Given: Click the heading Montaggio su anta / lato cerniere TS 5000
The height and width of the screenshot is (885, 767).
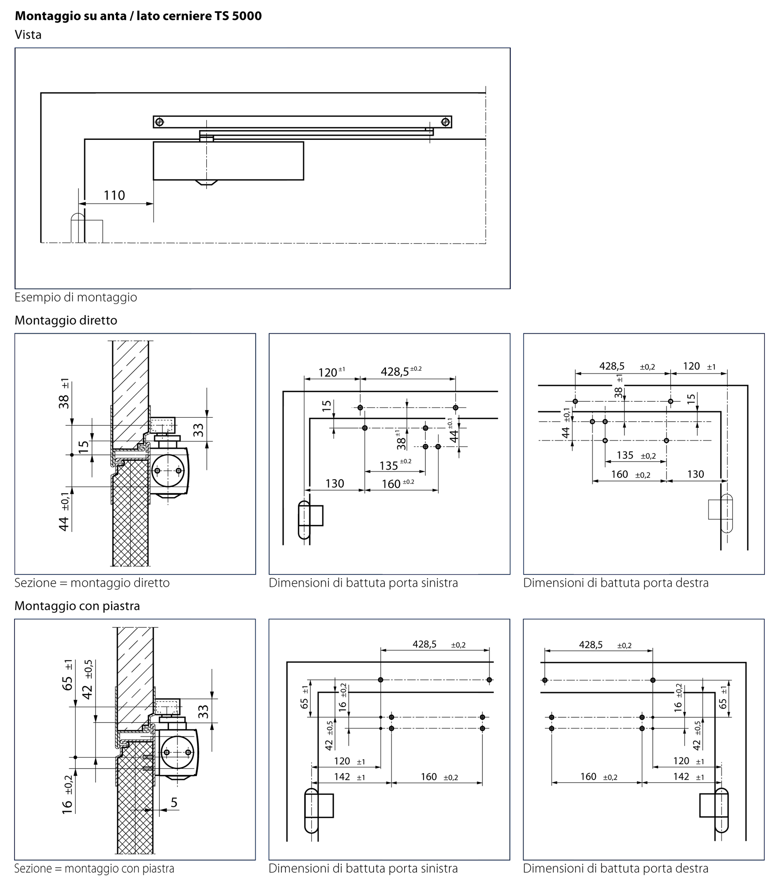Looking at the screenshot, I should point(138,16).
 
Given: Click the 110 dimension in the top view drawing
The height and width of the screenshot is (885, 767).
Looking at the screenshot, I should point(114,195).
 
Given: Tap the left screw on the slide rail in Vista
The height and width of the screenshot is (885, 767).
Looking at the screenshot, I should point(160,122).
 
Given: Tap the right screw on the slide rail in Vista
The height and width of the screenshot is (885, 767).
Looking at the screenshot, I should point(445,122).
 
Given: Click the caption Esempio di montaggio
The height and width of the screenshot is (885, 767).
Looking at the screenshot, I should point(76,297).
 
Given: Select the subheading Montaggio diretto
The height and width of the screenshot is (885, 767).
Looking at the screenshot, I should point(66,320).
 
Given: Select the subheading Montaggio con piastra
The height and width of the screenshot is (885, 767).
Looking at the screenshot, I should point(77,606).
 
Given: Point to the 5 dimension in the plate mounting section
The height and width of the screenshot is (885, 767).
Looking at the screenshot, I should point(174,803).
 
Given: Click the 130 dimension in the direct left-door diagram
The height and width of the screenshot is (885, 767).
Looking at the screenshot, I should point(334,484).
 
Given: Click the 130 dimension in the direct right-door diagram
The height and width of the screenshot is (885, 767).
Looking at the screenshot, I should point(695,474).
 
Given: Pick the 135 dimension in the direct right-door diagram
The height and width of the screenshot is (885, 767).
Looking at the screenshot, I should point(625,455).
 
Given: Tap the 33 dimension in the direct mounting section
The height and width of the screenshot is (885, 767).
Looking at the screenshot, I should point(199,430).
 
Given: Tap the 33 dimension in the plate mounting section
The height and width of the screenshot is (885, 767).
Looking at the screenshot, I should point(203,712).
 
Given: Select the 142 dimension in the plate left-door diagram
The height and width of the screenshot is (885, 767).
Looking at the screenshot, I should point(342,777).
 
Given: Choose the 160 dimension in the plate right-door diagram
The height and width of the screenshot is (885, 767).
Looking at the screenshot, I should point(588,777).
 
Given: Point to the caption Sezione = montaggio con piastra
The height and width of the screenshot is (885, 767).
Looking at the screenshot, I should point(94,868).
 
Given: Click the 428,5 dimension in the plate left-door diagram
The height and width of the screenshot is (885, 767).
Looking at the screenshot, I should point(424,644).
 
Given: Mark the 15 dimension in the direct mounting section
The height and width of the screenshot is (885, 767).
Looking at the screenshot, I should point(84,445).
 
